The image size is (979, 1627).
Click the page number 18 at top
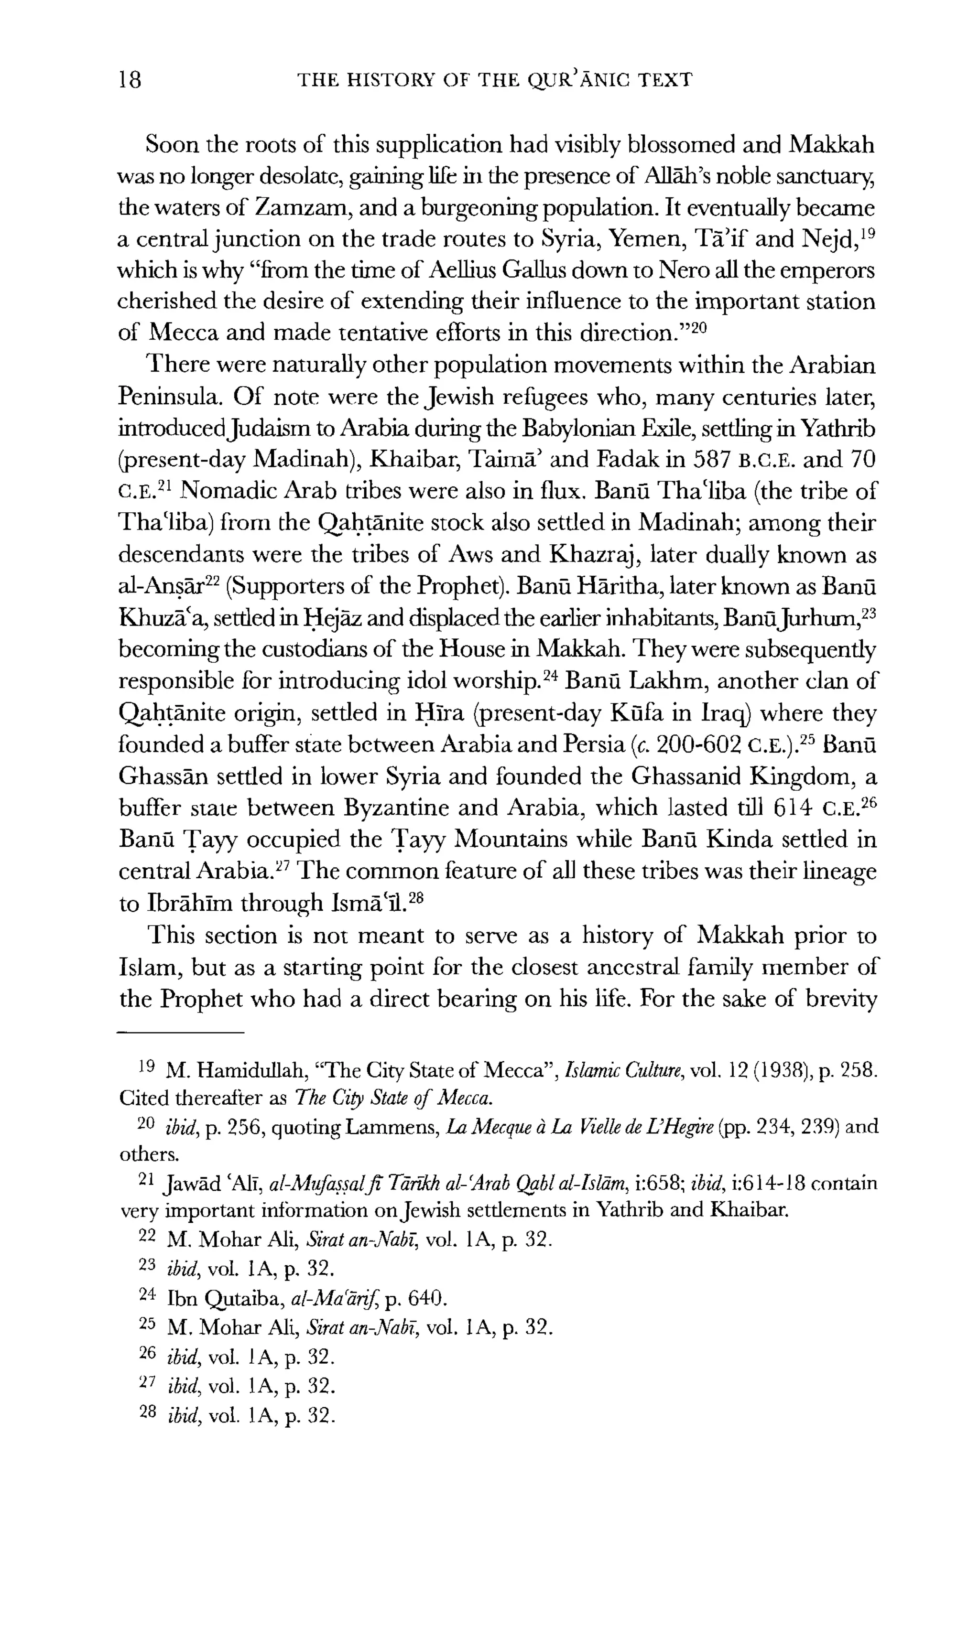(x=130, y=80)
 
